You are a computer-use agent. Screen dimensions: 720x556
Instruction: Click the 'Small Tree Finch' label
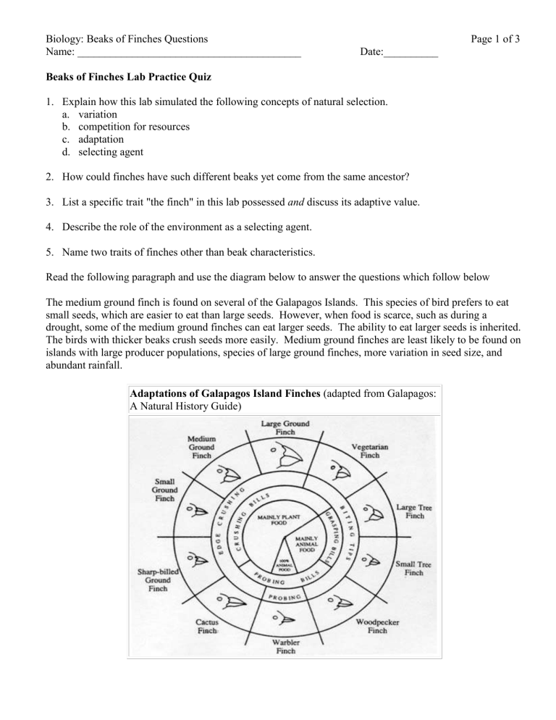click(x=413, y=567)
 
